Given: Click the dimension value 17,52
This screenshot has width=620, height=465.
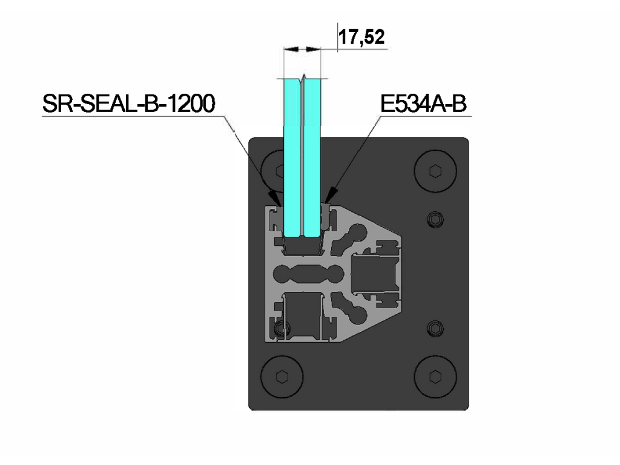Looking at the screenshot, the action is [361, 37].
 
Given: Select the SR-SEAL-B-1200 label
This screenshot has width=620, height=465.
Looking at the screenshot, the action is [129, 104].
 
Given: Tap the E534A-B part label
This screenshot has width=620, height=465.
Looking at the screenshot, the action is [423, 104].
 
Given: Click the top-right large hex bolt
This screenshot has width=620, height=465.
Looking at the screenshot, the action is [435, 171].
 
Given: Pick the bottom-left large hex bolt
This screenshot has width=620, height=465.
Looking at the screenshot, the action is [282, 377].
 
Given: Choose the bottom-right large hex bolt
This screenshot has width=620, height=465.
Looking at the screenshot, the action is [435, 377].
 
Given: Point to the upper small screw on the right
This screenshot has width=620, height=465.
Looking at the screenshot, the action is [435, 219].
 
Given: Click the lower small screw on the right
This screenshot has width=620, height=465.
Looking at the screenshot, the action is [435, 328].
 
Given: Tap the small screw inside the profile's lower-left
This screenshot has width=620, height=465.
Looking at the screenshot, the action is [282, 328].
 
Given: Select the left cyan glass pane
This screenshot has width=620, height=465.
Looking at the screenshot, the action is [292, 158].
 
